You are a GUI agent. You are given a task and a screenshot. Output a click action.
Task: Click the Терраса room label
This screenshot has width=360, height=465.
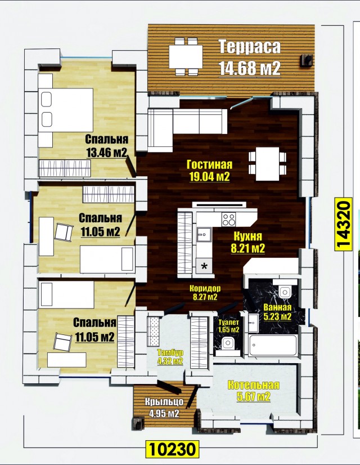click(250, 47)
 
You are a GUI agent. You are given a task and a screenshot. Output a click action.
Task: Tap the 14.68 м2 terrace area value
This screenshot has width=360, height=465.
click(250, 69)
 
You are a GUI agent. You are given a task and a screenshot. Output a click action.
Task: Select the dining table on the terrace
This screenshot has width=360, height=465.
click(186, 57)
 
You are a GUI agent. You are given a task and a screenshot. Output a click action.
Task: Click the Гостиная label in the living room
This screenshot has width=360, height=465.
click(209, 164)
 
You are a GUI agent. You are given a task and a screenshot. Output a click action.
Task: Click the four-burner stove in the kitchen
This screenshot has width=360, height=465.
click(229, 220)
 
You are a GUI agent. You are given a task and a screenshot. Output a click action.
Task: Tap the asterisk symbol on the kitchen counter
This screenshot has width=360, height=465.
click(204, 266)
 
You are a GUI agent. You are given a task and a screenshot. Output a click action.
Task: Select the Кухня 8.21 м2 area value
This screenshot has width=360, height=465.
click(247, 248)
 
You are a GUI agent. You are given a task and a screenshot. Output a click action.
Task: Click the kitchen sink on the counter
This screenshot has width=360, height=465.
click(204, 235)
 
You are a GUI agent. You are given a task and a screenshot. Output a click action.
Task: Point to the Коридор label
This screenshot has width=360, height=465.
click(205, 288)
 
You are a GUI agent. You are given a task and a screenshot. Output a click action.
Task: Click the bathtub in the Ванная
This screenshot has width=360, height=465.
click(273, 345)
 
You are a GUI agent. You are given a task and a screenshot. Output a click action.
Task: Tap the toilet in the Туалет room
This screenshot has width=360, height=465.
click(228, 345)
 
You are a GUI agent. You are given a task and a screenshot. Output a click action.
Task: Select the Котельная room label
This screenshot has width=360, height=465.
click(253, 385)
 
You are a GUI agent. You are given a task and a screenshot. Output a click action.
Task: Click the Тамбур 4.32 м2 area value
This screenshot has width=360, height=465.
click(170, 361)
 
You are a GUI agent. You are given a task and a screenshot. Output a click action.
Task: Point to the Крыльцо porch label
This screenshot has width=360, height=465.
click(164, 402)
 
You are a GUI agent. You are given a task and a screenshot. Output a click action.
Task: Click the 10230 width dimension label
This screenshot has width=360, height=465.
click(172, 449)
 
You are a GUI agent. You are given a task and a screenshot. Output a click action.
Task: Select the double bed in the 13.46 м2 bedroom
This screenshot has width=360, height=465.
click(65, 110)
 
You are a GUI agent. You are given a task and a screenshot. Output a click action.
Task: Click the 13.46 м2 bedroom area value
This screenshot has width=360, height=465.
click(107, 153)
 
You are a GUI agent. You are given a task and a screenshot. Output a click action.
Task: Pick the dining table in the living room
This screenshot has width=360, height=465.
click(268, 164)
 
